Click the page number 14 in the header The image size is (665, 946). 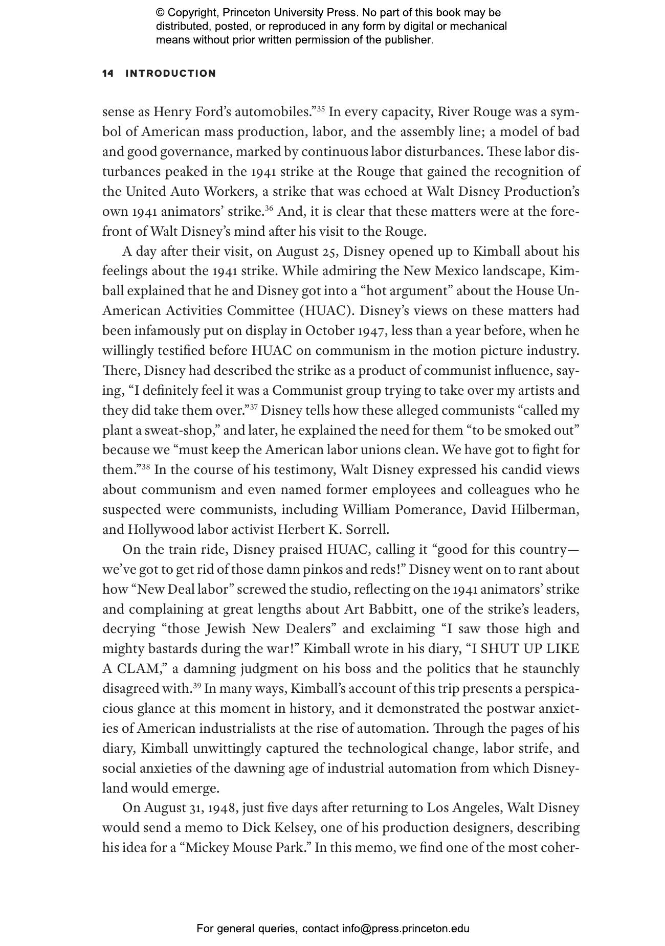pos(107,74)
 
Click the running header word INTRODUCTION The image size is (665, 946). pos(171,74)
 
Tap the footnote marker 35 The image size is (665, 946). pos(320,108)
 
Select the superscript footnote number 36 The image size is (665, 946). pos(269,208)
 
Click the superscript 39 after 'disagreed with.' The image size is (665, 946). pos(196,685)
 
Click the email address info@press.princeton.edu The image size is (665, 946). pos(406,929)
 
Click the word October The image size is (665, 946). pos(330,331)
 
